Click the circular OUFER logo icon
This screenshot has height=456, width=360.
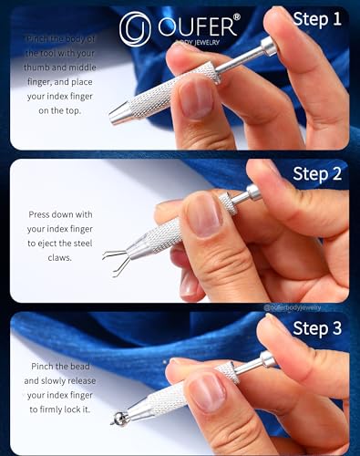tap(135, 27)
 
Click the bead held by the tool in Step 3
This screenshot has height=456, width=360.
tap(117, 420)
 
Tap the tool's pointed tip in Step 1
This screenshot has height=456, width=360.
tap(113, 117)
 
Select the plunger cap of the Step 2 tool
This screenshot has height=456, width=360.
tap(252, 192)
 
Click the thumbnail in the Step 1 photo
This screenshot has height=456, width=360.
tap(196, 97)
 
